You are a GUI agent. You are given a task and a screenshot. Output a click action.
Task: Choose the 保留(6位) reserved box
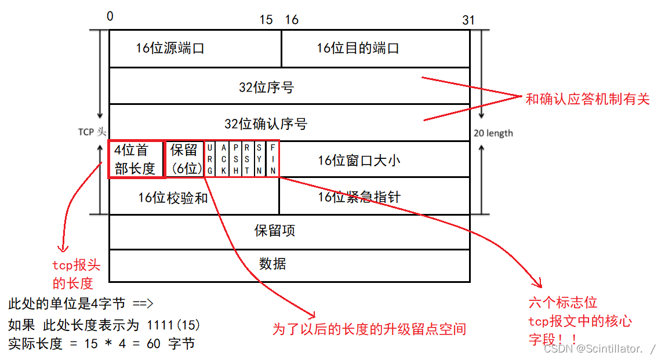point(184,159)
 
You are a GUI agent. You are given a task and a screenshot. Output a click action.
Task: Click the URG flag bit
point(209,159)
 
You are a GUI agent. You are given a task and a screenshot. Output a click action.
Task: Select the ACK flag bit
point(223,159)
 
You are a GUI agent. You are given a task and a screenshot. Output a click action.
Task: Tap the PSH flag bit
point(236,159)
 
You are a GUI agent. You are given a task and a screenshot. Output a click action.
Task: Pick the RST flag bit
point(248,159)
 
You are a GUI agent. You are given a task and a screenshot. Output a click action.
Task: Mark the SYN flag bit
point(259,159)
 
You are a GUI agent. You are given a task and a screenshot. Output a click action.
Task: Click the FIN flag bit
point(272,159)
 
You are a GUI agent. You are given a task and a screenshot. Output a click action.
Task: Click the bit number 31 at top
point(468,20)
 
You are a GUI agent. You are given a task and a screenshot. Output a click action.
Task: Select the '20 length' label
point(493,133)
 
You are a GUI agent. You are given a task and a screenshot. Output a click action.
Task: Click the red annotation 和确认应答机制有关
point(587,99)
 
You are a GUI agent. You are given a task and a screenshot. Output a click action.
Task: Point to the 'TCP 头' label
point(93,132)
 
